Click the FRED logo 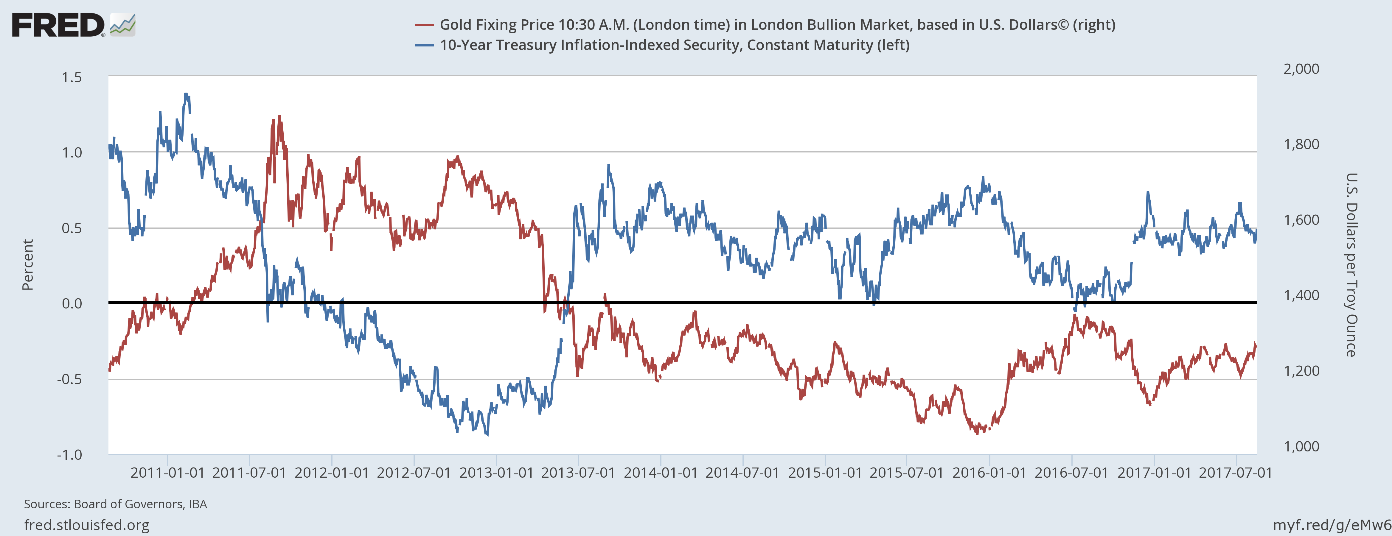(x=73, y=25)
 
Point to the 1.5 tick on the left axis (x=72, y=77)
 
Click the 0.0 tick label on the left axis (x=72, y=304)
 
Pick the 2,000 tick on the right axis (x=1301, y=69)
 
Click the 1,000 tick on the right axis (x=1301, y=446)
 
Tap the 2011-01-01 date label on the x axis (x=167, y=473)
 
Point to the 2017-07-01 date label (x=1236, y=473)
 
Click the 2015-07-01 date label (x=907, y=473)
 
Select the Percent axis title (x=27, y=265)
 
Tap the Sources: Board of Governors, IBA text (x=115, y=504)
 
